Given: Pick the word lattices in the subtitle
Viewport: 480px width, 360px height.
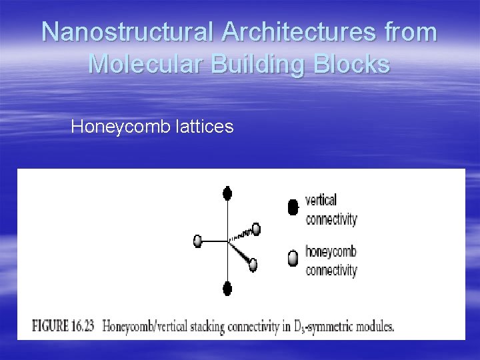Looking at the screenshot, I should click(205, 126).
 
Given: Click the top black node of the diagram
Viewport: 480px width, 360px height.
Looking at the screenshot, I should click(227, 194).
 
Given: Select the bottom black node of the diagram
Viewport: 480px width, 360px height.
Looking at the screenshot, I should click(227, 289).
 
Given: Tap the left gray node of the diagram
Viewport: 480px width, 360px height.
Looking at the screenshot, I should click(197, 241).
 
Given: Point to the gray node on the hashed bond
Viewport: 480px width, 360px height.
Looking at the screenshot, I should click(256, 229).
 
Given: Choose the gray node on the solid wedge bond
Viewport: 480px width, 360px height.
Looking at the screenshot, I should click(253, 265).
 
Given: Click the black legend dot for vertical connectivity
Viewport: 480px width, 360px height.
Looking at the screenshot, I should click(293, 208).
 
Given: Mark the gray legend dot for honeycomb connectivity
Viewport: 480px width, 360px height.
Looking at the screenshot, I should click(293, 259).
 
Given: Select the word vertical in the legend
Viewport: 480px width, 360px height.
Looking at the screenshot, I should click(321, 199).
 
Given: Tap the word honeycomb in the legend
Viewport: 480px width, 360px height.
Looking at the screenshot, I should click(331, 251).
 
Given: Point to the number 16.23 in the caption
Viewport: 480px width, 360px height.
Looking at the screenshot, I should click(84, 327).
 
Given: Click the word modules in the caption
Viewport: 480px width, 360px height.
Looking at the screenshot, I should click(373, 327).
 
